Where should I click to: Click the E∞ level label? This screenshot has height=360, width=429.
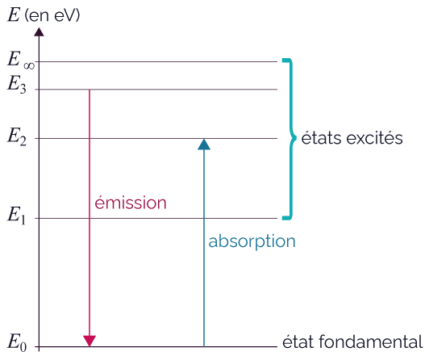pyautogui.click(x=21, y=60)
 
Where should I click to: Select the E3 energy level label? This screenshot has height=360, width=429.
pyautogui.click(x=17, y=84)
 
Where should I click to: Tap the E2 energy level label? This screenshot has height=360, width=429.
pyautogui.click(x=17, y=136)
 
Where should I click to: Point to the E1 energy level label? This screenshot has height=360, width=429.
pyautogui.click(x=16, y=216)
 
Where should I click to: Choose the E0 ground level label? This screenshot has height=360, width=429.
pyautogui.click(x=17, y=342)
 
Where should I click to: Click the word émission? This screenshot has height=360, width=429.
pyautogui.click(x=131, y=203)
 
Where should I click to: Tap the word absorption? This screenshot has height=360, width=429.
pyautogui.click(x=252, y=241)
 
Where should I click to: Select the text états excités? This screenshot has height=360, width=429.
pyautogui.click(x=352, y=138)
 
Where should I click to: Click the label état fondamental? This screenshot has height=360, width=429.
pyautogui.click(x=352, y=341)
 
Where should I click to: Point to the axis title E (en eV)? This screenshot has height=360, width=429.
pyautogui.click(x=44, y=15)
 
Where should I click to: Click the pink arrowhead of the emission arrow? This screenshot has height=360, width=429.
pyautogui.click(x=90, y=341)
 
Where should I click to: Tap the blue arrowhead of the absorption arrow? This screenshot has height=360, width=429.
pyautogui.click(x=204, y=144)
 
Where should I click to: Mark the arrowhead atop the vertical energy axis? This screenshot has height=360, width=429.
pyautogui.click(x=39, y=31)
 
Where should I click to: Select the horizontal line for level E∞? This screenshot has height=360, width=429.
pyautogui.click(x=156, y=62)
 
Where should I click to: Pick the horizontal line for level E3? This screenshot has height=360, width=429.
pyautogui.click(x=156, y=90)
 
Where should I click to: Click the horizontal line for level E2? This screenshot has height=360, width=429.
pyautogui.click(x=156, y=139)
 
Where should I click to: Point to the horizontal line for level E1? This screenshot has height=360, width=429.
pyautogui.click(x=156, y=219)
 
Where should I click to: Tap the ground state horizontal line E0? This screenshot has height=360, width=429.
pyautogui.click(x=156, y=347)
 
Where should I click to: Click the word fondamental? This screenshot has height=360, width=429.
pyautogui.click(x=371, y=341)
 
